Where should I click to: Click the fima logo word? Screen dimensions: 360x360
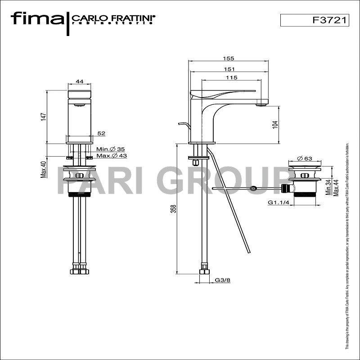[x=37, y=19]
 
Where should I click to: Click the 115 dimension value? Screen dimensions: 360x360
[x=231, y=78]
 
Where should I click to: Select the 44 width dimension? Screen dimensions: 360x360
[x=80, y=81]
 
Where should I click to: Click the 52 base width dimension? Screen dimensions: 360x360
[x=101, y=133]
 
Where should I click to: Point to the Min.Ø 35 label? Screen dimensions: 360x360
[x=110, y=149]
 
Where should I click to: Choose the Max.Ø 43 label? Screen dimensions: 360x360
[x=112, y=156]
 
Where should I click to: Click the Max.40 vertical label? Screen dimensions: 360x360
[x=44, y=169]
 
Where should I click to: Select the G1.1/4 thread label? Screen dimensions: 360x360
[x=278, y=203]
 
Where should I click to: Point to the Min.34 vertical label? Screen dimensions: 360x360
[x=328, y=185]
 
